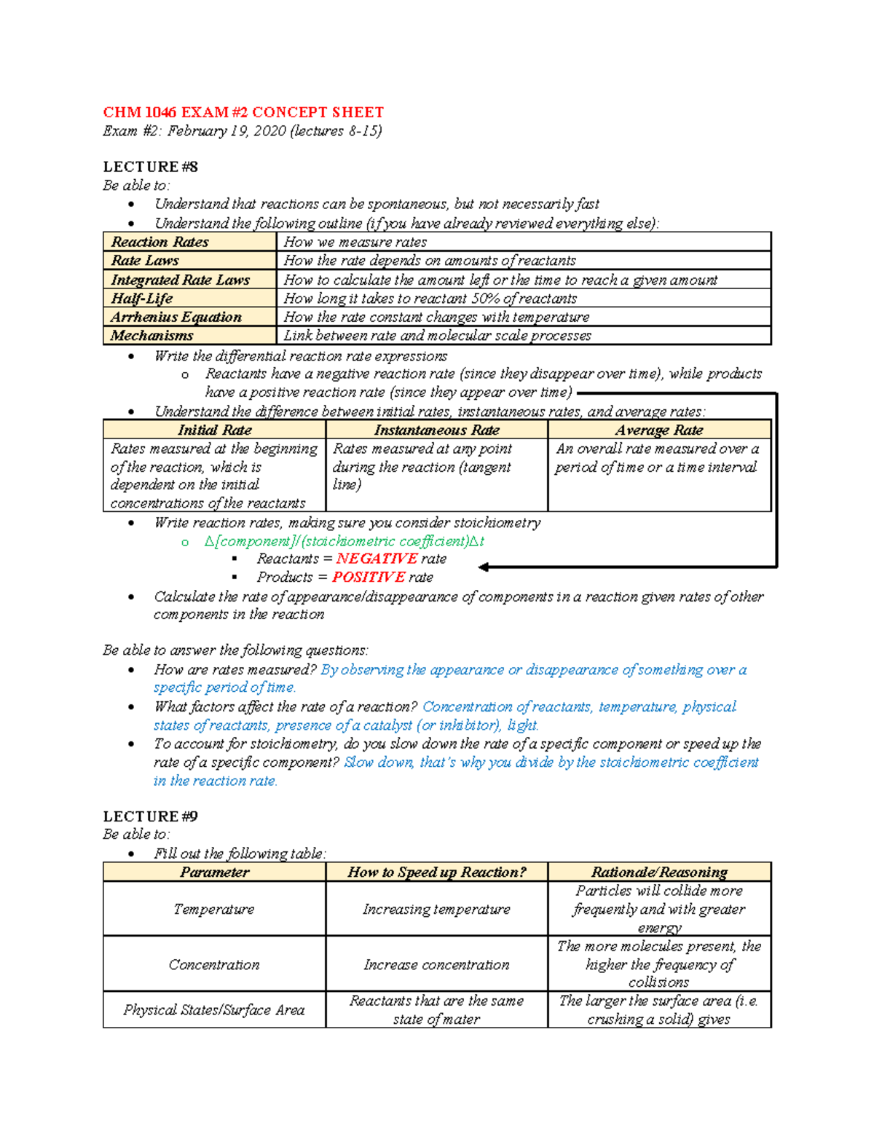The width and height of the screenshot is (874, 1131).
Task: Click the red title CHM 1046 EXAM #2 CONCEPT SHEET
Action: pos(243,112)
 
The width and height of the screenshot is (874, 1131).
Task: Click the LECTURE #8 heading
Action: pos(150,167)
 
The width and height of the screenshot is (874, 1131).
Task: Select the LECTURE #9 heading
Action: pos(150,816)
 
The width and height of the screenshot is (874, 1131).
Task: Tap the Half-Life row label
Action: pos(142,299)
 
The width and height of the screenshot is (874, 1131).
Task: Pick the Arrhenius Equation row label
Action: pos(176,317)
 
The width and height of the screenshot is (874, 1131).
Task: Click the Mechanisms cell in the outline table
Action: pos(152,336)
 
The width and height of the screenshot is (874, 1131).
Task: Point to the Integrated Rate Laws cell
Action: pos(181,280)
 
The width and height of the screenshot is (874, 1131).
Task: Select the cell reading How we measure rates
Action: pos(355,242)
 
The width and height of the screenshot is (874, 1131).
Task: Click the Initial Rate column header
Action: pos(215,430)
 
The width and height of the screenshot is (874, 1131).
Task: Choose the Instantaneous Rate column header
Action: pos(437,430)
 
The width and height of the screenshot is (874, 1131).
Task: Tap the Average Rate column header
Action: pos(659,430)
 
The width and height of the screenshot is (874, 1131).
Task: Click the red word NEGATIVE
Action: pos(377,559)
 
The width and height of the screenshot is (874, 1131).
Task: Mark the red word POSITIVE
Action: pos(368,577)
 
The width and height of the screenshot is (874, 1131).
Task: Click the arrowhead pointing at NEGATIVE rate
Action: pos(484,567)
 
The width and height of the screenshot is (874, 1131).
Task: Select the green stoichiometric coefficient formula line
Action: pos(345,541)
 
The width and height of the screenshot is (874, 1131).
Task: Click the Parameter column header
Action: pos(215,872)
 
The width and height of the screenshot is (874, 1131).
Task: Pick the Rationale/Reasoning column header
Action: pos(659,872)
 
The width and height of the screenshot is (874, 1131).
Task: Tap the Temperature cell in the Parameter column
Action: pos(214,909)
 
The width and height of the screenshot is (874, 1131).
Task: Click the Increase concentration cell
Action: pos(437,964)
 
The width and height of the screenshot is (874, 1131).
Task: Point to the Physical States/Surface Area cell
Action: pos(214,1009)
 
